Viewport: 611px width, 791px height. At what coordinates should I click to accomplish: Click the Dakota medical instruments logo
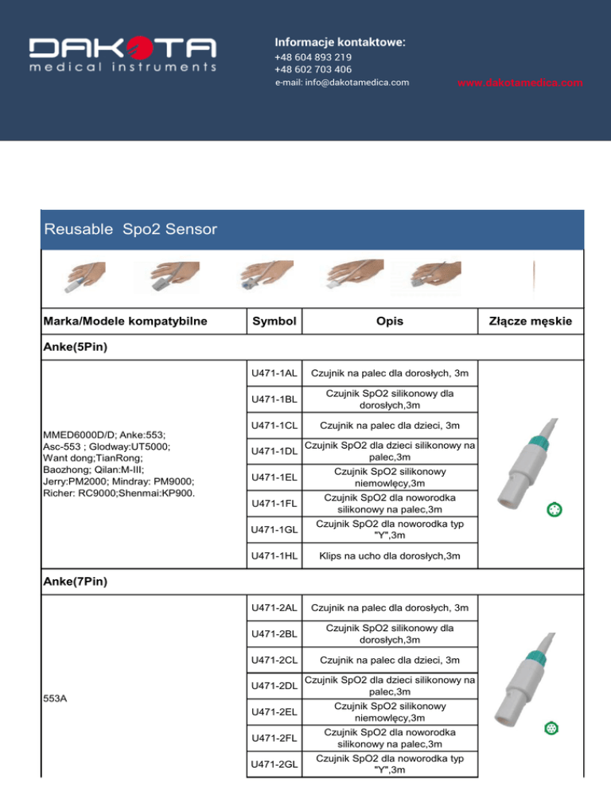(x=123, y=55)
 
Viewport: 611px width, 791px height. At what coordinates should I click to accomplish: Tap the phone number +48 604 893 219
(x=313, y=57)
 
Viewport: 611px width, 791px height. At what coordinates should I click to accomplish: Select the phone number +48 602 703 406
(x=313, y=69)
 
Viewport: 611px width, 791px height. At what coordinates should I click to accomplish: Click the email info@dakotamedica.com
(x=342, y=82)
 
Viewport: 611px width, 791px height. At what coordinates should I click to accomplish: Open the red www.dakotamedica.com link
(x=521, y=82)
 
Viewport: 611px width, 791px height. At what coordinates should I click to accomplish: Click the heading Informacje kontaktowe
(x=340, y=41)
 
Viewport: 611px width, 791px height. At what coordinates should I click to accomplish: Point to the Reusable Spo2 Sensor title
(x=130, y=230)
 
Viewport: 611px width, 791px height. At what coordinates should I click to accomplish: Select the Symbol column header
(x=274, y=321)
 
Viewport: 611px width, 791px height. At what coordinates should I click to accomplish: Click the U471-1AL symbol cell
(x=274, y=373)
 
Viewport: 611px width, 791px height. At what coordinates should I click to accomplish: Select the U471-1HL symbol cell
(x=274, y=555)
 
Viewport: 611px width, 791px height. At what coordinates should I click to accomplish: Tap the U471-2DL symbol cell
(x=274, y=685)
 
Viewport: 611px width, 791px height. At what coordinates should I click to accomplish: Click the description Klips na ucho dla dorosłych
(x=390, y=555)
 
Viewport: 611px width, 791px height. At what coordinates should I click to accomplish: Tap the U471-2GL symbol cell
(x=274, y=764)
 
